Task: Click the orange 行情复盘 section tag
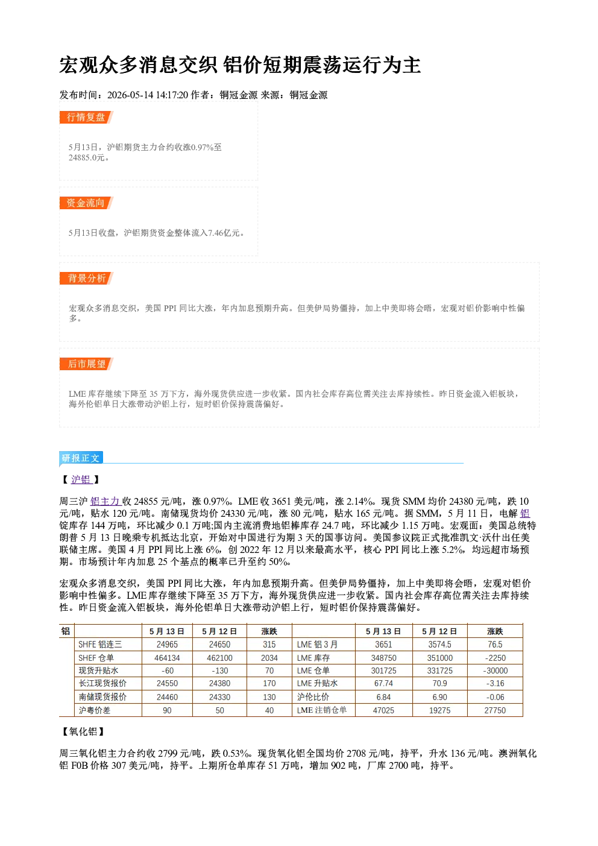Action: coord(86,117)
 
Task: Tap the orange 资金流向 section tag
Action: coord(86,203)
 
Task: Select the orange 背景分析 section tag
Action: coord(86,279)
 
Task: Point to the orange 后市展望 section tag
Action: coord(86,364)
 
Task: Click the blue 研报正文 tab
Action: coord(81,458)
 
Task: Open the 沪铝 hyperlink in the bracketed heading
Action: coord(81,479)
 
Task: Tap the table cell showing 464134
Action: coord(167,658)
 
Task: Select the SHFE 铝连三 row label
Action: coord(100,645)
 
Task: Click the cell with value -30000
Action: coord(496,671)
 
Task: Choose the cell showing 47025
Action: coord(383,710)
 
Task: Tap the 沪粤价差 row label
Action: coord(95,710)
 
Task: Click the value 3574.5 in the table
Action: coord(440,645)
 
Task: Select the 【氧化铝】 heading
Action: coord(83,732)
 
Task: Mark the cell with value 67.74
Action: coord(383,683)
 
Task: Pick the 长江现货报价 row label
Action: coord(102,683)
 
